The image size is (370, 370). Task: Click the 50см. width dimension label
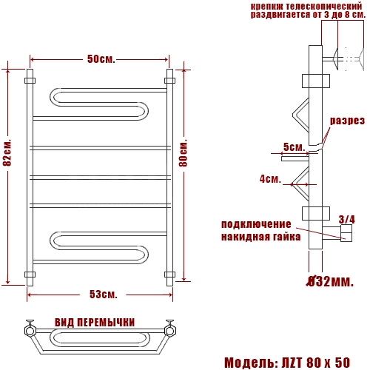point(101,59)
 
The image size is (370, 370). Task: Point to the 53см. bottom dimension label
point(103,295)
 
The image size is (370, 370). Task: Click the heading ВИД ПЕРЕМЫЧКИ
point(95,323)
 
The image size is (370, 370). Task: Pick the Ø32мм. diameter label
point(330,281)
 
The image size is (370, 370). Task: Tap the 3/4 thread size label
point(347,219)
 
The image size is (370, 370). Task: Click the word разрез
point(347,121)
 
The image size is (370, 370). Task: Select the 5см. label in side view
point(294,147)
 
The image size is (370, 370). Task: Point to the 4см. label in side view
point(270,178)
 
